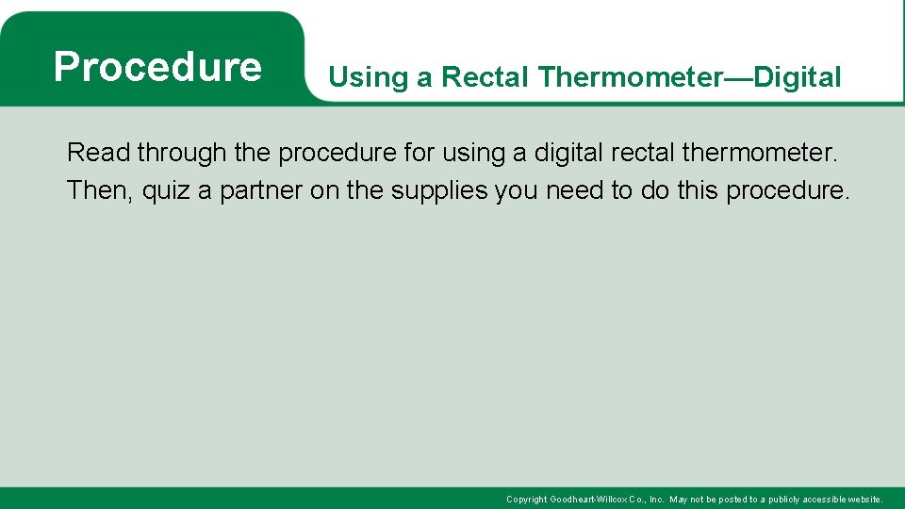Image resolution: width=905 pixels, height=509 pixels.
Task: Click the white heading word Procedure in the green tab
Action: pos(157,67)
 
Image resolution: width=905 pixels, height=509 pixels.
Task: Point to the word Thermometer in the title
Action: pos(629,77)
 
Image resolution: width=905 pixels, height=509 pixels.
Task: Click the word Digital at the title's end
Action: pos(798,77)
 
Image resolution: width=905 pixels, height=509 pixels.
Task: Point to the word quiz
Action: pos(167,190)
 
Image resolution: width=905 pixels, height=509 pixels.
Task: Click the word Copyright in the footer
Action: pos(526,499)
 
